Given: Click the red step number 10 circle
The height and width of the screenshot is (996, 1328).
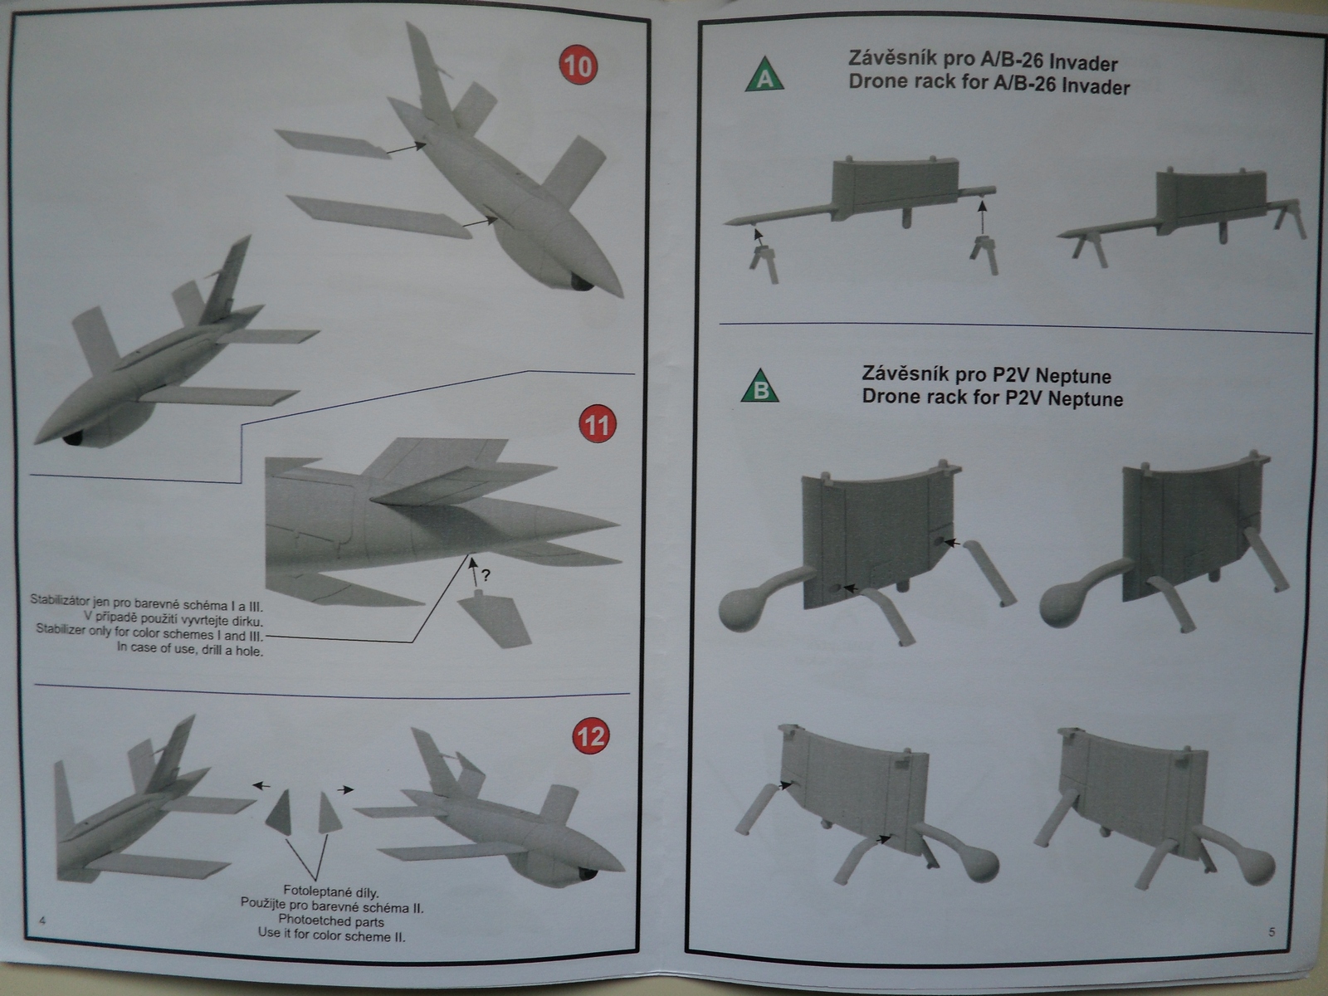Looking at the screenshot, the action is click(578, 65).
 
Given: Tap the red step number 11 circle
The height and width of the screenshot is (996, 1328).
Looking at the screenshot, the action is click(596, 426).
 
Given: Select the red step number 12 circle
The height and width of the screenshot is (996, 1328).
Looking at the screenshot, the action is click(590, 736).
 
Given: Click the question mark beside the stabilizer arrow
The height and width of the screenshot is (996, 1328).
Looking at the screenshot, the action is click(486, 574).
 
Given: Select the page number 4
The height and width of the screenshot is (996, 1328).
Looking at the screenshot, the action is click(42, 921).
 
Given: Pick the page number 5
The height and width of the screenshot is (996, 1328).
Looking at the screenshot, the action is click(1272, 932).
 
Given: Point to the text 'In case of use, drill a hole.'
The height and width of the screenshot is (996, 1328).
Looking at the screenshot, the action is click(190, 650).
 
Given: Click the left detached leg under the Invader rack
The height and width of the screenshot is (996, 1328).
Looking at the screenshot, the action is click(764, 261).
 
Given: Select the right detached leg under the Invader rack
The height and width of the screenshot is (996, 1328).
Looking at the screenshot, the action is click(985, 255).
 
